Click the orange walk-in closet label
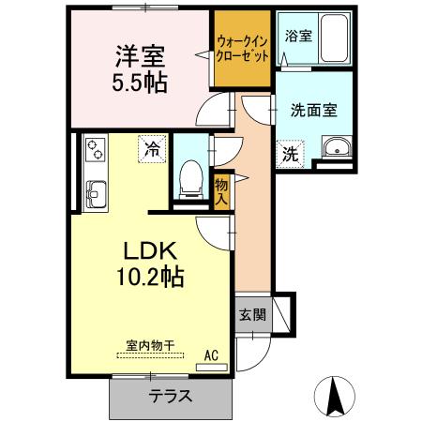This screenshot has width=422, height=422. coord(243,49)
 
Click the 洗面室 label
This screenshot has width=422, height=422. coord(312,107)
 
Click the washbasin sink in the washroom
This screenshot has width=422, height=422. coord(335,149)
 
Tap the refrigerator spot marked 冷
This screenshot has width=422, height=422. coord(150,148)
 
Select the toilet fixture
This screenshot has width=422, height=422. coord(190,176)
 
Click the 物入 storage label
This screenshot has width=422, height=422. coord(221,191)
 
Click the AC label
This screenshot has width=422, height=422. coord(212,355)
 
